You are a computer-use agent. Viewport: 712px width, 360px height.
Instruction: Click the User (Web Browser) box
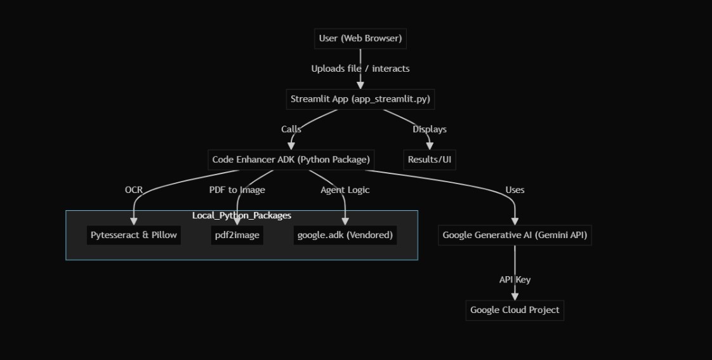tap(360, 39)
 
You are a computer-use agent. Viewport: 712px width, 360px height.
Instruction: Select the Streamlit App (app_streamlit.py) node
tap(360, 99)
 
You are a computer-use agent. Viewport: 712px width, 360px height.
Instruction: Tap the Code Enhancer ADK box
tap(291, 159)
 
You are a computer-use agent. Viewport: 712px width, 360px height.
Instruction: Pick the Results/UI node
tap(430, 159)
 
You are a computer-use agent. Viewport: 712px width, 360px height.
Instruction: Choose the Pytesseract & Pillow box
tap(133, 235)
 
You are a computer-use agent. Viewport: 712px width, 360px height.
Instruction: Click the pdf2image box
tap(236, 235)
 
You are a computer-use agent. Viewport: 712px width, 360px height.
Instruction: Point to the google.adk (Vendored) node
tap(345, 235)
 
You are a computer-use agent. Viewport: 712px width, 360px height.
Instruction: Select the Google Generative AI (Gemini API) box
tap(515, 235)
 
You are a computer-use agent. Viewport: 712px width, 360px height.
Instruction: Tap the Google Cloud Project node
tap(515, 310)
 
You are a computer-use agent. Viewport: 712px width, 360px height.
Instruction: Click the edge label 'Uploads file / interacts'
tap(360, 69)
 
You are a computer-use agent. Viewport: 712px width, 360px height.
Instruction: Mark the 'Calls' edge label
tap(291, 130)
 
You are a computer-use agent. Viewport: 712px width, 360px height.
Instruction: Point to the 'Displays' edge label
tap(430, 130)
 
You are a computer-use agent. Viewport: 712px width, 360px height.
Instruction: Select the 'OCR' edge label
tap(134, 190)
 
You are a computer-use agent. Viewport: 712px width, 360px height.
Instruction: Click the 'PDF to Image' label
tap(237, 190)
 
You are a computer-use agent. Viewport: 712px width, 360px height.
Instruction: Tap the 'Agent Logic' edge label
tap(345, 190)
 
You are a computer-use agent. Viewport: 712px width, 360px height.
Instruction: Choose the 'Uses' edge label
tap(515, 190)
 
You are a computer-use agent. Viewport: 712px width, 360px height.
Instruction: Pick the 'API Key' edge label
tap(515, 279)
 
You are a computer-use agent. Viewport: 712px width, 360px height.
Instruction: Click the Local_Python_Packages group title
tap(242, 216)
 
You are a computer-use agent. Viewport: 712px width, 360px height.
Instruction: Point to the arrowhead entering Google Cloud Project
tap(515, 296)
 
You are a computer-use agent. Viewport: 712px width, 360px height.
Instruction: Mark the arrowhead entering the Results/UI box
tap(430, 146)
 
